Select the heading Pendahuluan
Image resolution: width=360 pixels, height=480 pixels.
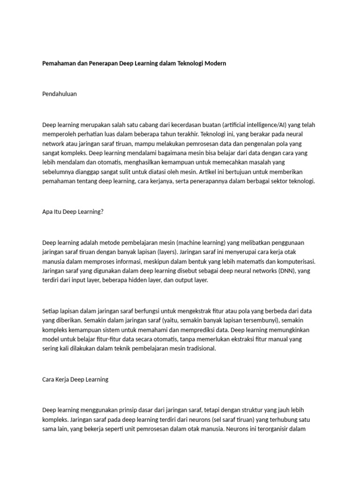60,94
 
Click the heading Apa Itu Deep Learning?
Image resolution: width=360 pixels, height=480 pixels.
73,211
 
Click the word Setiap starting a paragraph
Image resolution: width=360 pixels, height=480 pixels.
51,311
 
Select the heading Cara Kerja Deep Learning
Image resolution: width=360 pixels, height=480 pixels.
75,379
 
